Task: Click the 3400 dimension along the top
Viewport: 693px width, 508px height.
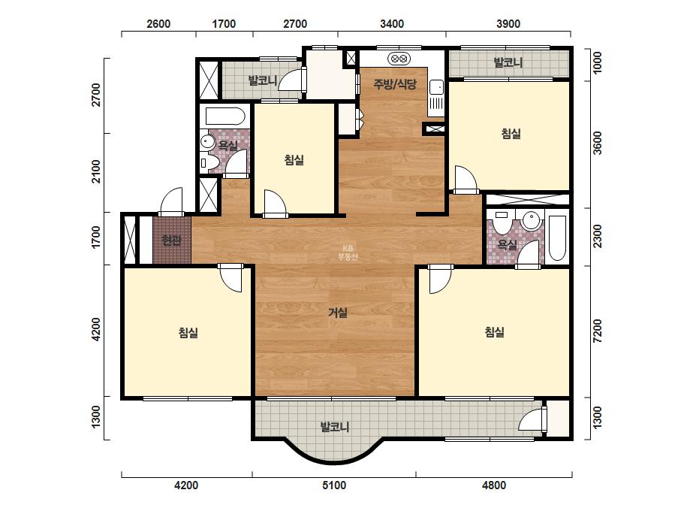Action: (x=392, y=24)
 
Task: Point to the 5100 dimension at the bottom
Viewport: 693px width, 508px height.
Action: (x=334, y=485)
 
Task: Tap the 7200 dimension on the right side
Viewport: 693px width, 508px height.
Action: (x=597, y=331)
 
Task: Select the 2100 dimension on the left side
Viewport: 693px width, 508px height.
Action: (x=96, y=171)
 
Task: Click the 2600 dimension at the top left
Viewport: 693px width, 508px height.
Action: (x=158, y=24)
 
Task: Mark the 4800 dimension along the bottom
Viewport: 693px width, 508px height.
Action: (x=494, y=485)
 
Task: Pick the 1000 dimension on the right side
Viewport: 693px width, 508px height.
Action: (x=597, y=63)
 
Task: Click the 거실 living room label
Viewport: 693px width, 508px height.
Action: (x=338, y=313)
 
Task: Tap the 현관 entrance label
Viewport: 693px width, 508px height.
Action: (x=171, y=240)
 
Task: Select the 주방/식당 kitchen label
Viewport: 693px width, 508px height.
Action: (x=395, y=83)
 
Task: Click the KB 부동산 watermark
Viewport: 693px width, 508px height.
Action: (x=348, y=252)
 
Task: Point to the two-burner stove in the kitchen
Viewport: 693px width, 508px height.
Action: (x=399, y=58)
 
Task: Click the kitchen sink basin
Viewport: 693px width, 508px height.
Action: (x=436, y=87)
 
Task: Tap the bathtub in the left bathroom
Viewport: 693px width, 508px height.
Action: (x=225, y=116)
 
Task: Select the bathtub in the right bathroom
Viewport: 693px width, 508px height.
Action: (x=557, y=238)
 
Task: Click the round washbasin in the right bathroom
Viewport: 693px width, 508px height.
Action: (x=531, y=220)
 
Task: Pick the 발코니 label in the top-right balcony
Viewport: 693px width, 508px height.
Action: (x=508, y=62)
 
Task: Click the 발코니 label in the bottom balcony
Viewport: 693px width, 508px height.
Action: (x=335, y=427)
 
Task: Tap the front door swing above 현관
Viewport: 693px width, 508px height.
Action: (x=171, y=202)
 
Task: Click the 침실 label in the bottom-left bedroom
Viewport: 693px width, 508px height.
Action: (x=188, y=332)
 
